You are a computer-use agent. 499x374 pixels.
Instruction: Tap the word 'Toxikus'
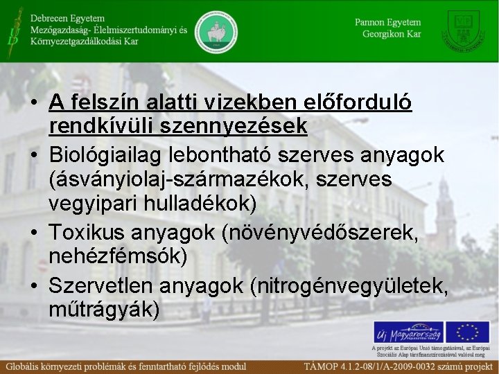91,231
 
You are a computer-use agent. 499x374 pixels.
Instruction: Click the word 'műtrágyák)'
105,309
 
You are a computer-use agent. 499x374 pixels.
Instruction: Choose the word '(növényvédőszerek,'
320,231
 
